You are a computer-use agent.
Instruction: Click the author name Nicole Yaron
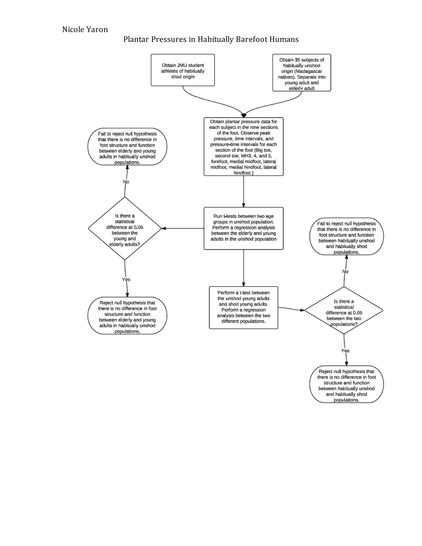(85, 29)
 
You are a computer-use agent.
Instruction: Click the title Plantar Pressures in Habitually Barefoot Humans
(211, 39)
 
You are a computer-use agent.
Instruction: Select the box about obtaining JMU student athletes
(183, 70)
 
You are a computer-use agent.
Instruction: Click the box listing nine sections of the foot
(243, 147)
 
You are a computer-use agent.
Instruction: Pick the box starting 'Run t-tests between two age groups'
(243, 228)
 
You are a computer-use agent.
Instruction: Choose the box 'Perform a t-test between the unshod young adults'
(243, 307)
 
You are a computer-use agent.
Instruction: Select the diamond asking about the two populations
(344, 310)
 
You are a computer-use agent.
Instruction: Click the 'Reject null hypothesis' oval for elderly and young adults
(127, 316)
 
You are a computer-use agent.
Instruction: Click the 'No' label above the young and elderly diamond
(126, 182)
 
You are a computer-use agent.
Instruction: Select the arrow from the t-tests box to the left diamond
(183, 228)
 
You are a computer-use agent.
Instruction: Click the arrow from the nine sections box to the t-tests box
(244, 191)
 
